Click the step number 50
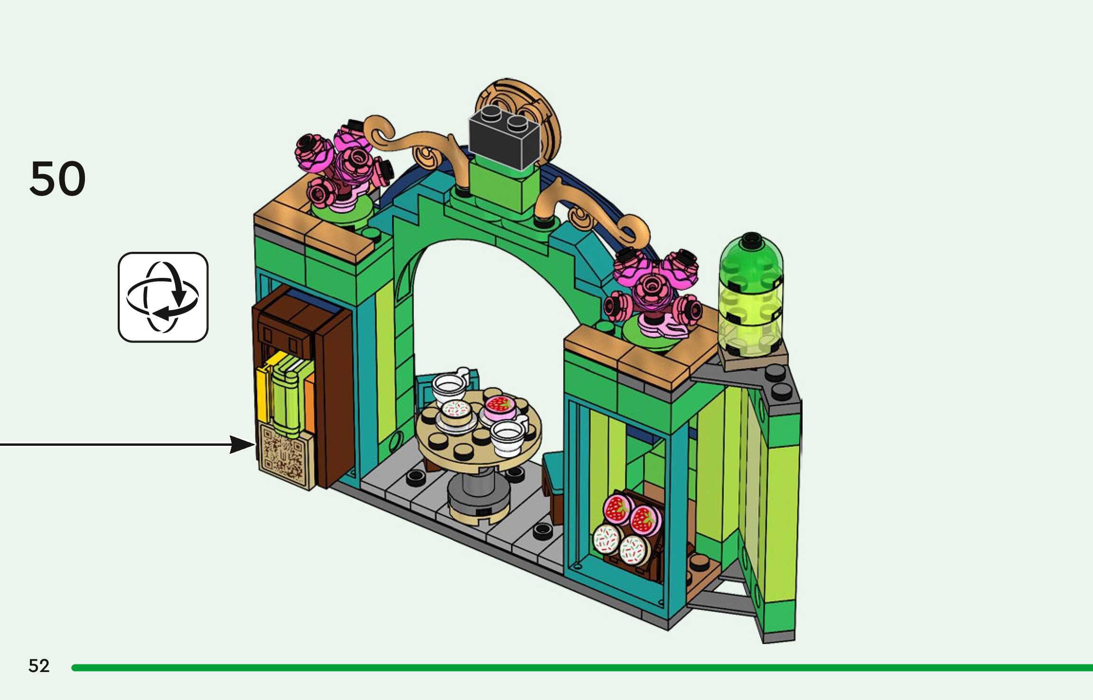pos(57,179)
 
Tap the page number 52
pos(39,666)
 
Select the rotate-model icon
pos(163,297)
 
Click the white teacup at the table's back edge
pos(449,385)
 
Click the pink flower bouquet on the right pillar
pos(655,292)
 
